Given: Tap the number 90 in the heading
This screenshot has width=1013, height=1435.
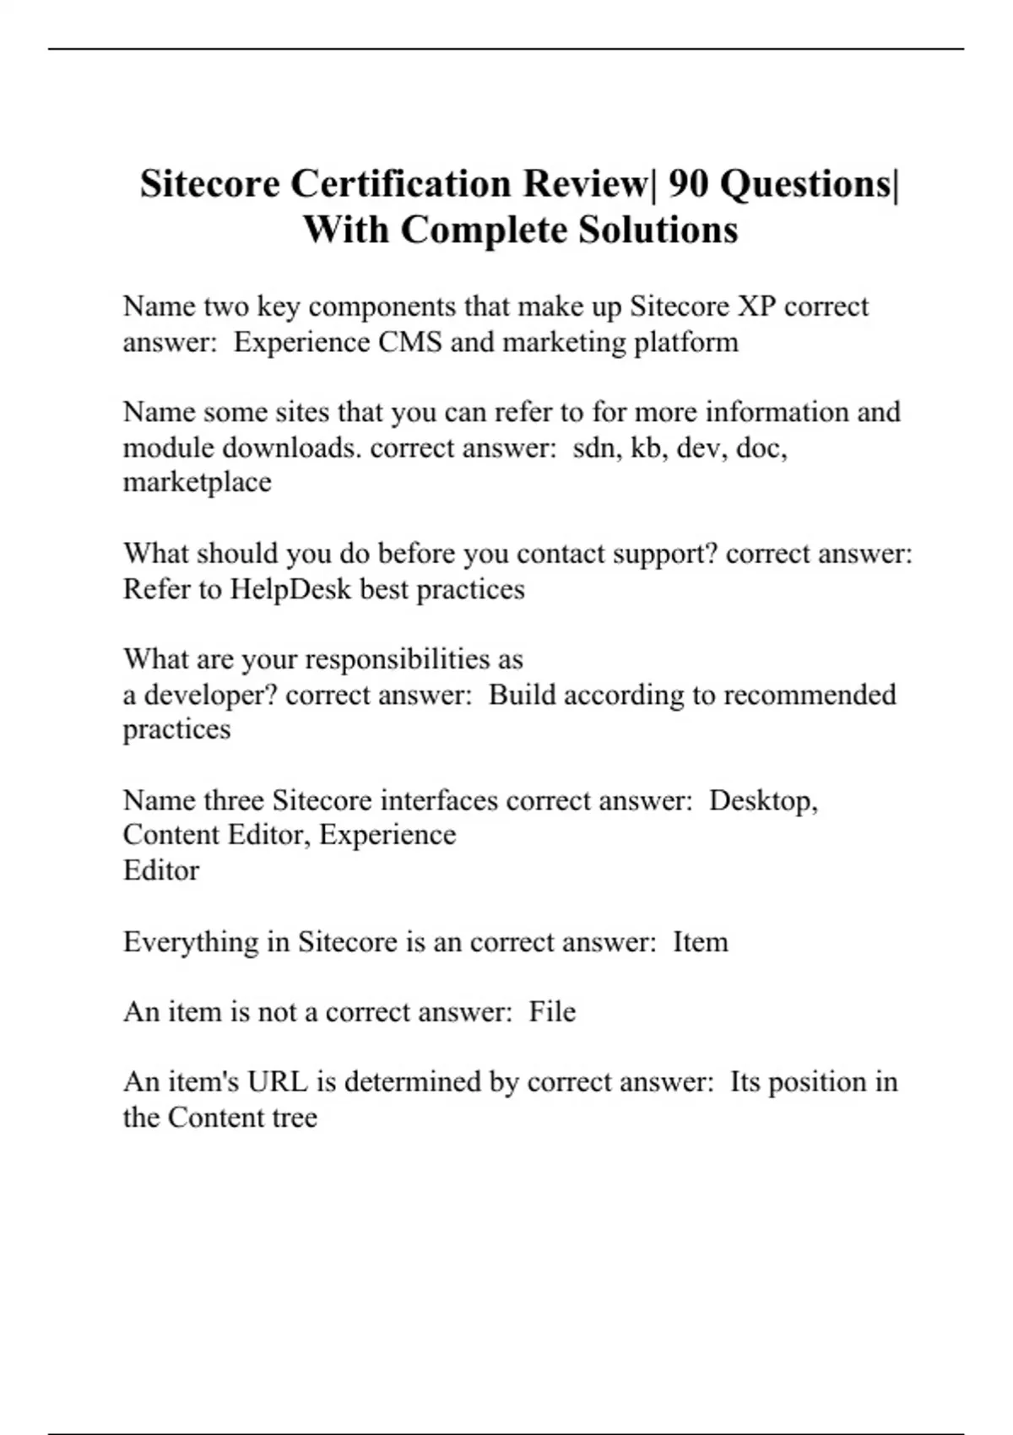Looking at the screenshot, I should [688, 183].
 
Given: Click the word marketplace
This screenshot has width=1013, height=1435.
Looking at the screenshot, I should [198, 482].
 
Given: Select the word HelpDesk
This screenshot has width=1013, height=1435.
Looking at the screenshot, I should [290, 588].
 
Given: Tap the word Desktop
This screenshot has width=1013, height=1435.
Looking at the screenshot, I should [763, 800].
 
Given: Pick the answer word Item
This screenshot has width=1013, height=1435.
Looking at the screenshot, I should [701, 941].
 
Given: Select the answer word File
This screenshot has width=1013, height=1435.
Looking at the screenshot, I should [552, 1011].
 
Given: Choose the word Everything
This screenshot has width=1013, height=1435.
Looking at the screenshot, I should [191, 941].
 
